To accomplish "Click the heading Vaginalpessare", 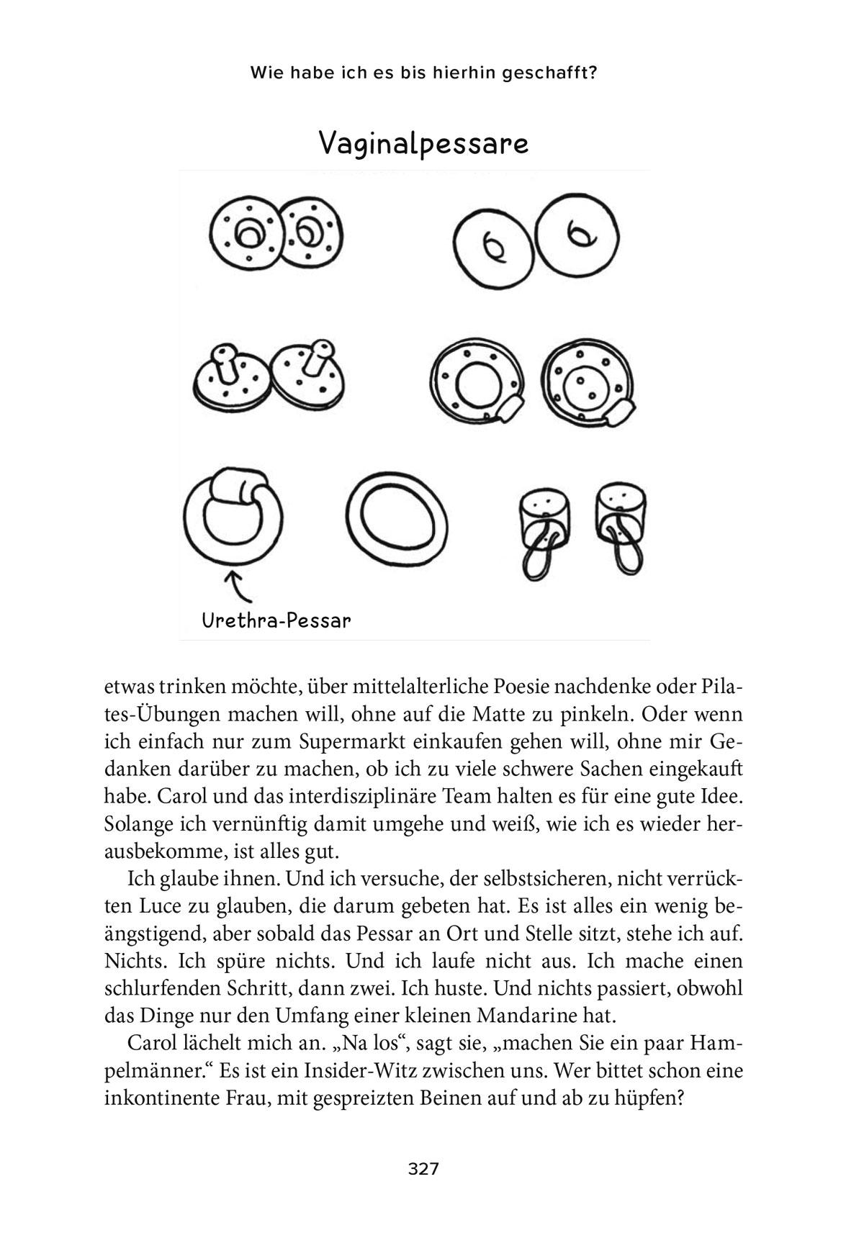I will (x=423, y=143).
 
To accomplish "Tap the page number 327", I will (x=423, y=1169).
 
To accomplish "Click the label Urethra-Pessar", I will (x=276, y=620).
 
